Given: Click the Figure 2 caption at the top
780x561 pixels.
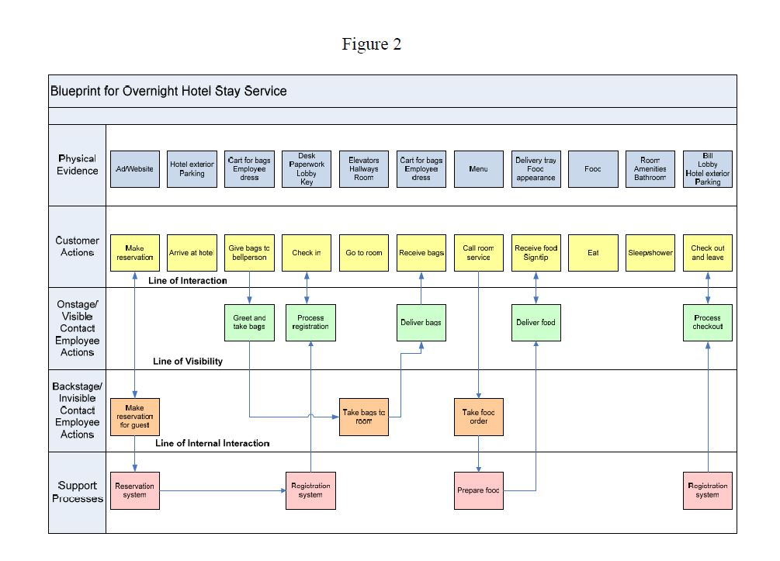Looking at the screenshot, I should (x=371, y=44).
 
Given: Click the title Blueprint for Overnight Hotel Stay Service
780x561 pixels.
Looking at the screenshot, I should (x=168, y=91).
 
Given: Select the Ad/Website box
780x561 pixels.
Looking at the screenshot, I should (x=135, y=168).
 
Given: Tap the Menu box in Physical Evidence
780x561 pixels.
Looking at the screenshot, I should (x=478, y=168).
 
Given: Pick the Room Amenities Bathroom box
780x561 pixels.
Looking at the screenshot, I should (x=650, y=168).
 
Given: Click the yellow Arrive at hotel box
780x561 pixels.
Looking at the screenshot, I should (x=192, y=253).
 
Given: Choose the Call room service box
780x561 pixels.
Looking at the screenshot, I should (x=478, y=253).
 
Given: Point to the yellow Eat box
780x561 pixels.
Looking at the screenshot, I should (x=593, y=253).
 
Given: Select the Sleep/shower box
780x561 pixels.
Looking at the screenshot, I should (x=650, y=253).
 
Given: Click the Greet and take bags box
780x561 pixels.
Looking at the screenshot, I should (x=249, y=323).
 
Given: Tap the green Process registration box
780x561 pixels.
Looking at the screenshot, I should (x=310, y=323).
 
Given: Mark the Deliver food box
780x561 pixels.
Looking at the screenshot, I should (x=536, y=323).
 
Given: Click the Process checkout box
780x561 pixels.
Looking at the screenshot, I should (x=708, y=323).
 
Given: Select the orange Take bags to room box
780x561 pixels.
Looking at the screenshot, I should (x=364, y=417).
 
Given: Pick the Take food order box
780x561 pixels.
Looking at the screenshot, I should (x=478, y=417).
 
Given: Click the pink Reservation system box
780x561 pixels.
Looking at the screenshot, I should (x=135, y=490).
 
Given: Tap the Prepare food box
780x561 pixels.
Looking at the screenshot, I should (x=478, y=490).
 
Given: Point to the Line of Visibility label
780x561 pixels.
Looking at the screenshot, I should (x=188, y=362).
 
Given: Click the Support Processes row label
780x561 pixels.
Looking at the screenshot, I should (x=78, y=492).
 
